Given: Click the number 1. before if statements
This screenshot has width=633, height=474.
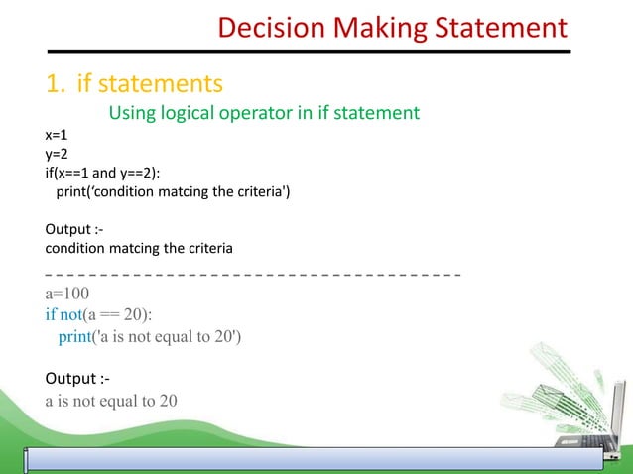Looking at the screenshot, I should coord(56,81).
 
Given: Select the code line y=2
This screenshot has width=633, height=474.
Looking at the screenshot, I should coord(57,155).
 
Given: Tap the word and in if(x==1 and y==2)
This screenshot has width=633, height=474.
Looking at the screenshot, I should coord(106,174).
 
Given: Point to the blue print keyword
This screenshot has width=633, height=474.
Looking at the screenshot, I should coord(74,337).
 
